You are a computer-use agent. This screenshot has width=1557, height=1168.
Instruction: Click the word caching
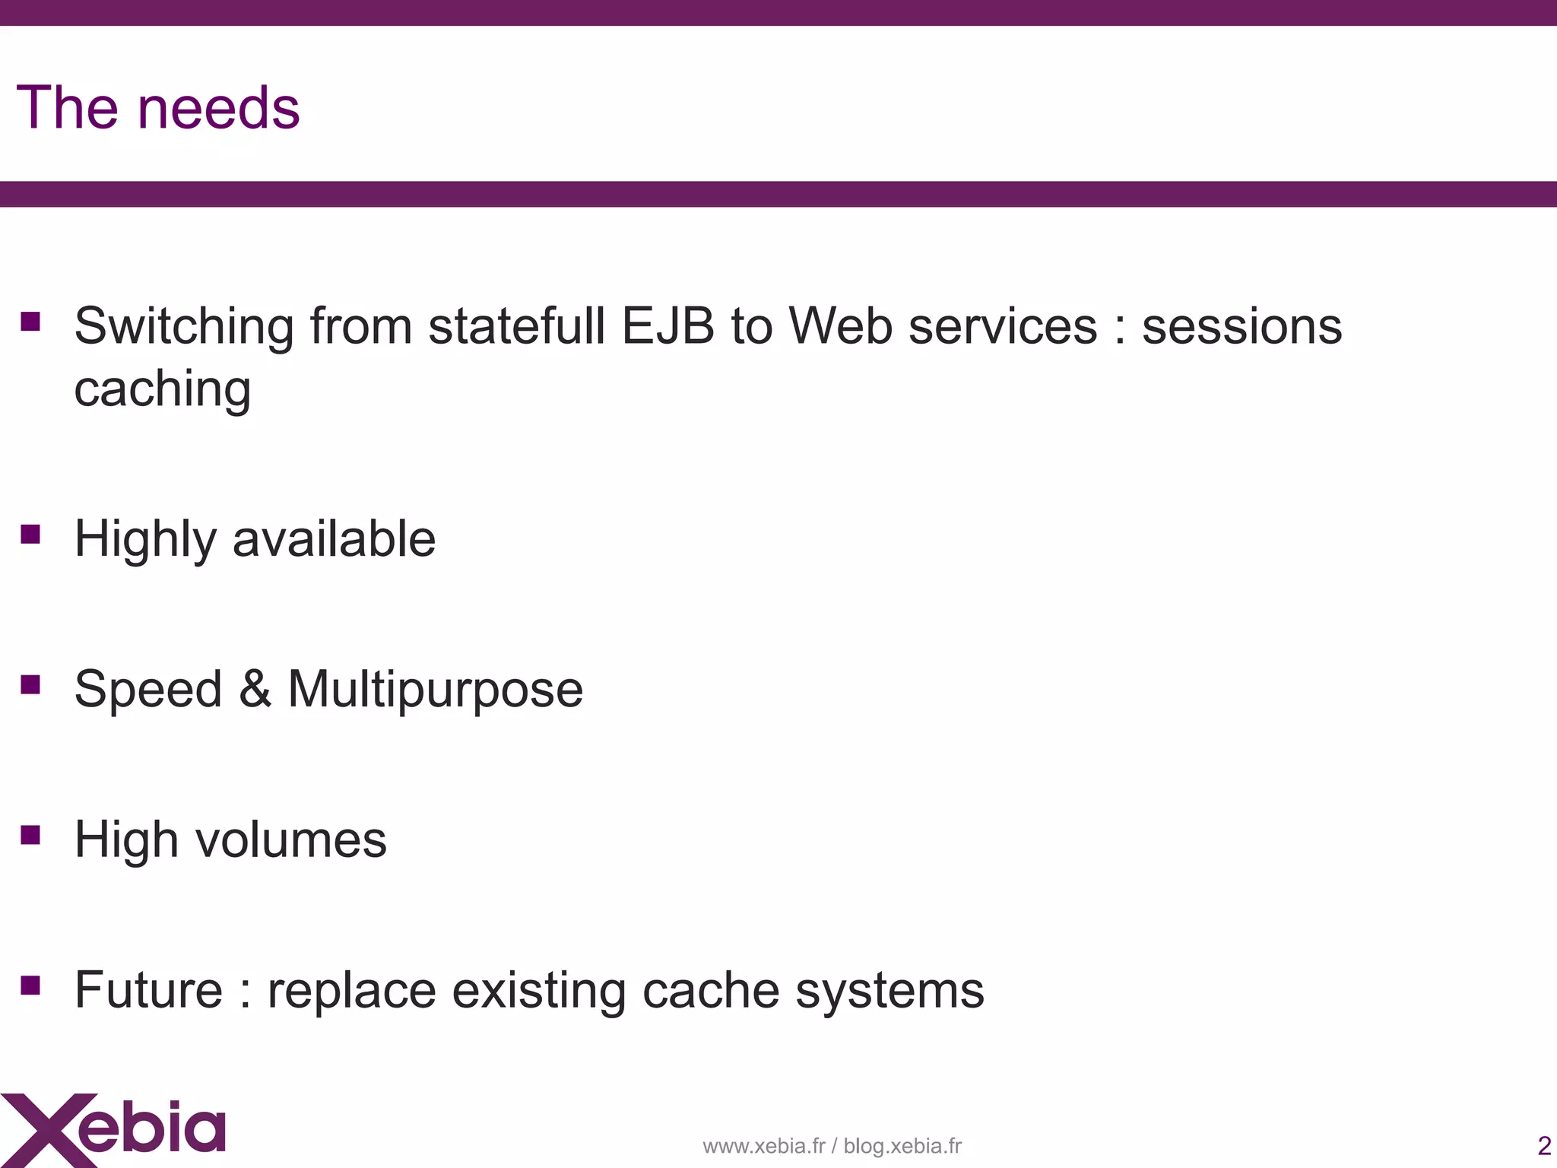tap(162, 389)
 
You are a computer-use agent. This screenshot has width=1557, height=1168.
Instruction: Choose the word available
tap(334, 539)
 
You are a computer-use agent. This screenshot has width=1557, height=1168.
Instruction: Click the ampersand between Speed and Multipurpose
tap(255, 689)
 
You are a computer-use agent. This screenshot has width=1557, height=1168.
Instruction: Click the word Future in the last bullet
tap(149, 990)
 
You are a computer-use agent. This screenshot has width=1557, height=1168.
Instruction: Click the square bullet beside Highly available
tap(30, 535)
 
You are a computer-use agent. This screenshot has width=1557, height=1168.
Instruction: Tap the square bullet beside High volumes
tap(30, 836)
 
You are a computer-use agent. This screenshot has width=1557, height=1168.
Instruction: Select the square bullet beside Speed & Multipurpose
tap(30, 685)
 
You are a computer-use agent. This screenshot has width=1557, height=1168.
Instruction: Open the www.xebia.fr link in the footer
tap(763, 1146)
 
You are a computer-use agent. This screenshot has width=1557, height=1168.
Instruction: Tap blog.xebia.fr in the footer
tap(902, 1146)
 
